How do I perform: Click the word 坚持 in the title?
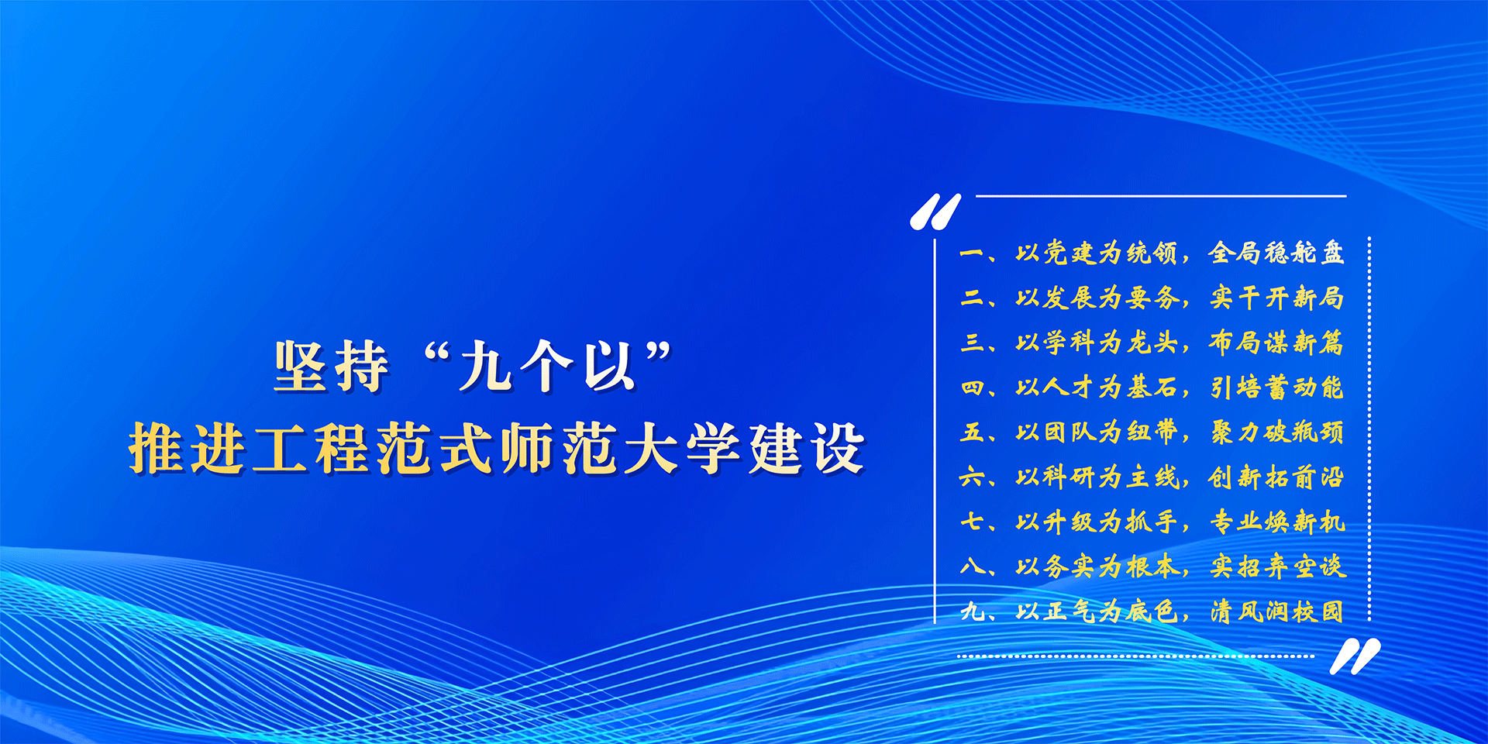[332, 367]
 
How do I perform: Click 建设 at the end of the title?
[806, 449]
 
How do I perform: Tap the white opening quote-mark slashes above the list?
[935, 212]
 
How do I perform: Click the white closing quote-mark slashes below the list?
[1355, 656]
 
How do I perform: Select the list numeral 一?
[971, 253]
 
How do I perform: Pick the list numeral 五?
[972, 432]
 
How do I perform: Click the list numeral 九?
[972, 611]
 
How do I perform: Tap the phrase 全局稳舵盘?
[1276, 253]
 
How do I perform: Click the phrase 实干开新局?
[1276, 298]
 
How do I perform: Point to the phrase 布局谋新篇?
[1276, 342]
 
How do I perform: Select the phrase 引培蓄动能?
[1276, 387]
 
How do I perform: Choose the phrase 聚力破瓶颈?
[1276, 432]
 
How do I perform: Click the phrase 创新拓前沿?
[1276, 477]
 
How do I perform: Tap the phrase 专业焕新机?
[1276, 522]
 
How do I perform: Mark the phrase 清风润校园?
[1276, 611]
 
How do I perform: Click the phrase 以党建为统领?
[1096, 253]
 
